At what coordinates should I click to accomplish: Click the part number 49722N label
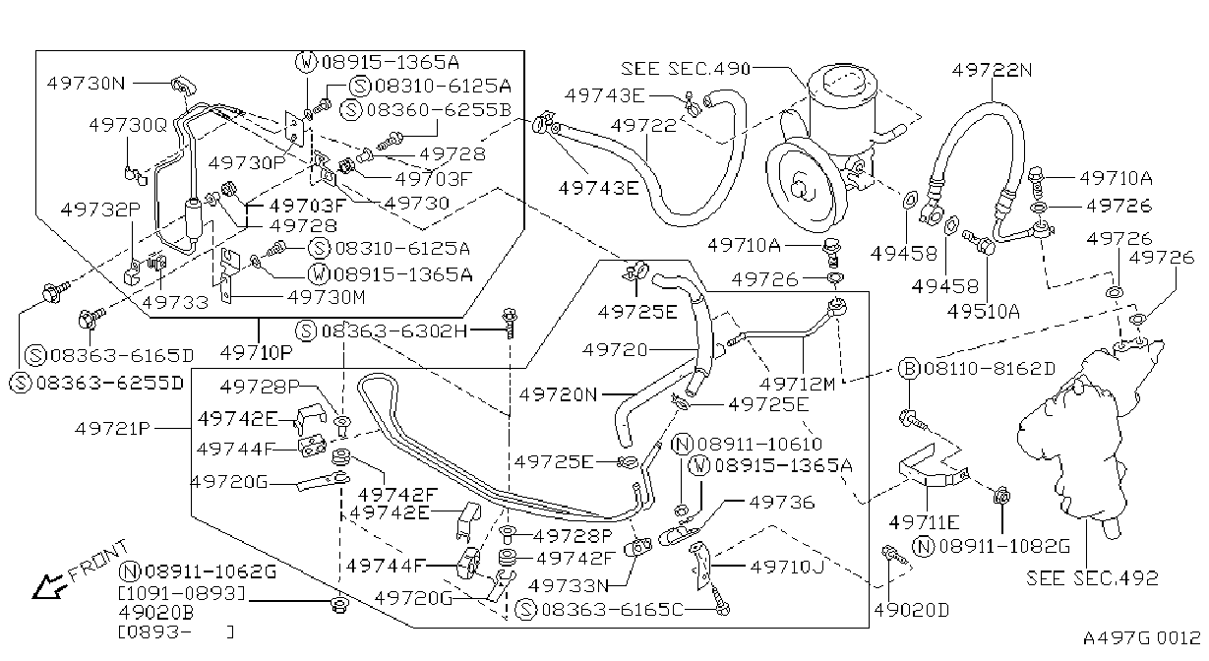[992, 70]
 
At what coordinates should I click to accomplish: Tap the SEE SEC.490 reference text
[686, 69]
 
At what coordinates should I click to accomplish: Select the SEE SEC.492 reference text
[1092, 578]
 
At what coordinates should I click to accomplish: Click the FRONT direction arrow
[48, 585]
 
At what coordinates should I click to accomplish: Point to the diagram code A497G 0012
[1142, 638]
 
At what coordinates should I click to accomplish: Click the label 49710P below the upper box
[257, 353]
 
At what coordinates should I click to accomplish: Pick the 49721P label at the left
[112, 429]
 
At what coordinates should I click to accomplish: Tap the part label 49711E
[924, 522]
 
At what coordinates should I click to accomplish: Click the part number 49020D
[912, 610]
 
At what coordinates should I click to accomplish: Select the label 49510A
[984, 312]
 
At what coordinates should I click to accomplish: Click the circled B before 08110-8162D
[909, 369]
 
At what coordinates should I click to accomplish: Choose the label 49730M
[327, 297]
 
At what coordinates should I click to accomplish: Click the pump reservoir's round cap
[844, 81]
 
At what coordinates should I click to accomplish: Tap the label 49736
[782, 503]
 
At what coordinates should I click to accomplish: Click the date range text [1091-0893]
[182, 593]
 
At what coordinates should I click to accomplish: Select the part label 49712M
[797, 385]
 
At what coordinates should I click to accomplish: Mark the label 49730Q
[129, 125]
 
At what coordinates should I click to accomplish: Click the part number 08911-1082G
[1004, 547]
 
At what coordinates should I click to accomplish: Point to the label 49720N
[558, 395]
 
